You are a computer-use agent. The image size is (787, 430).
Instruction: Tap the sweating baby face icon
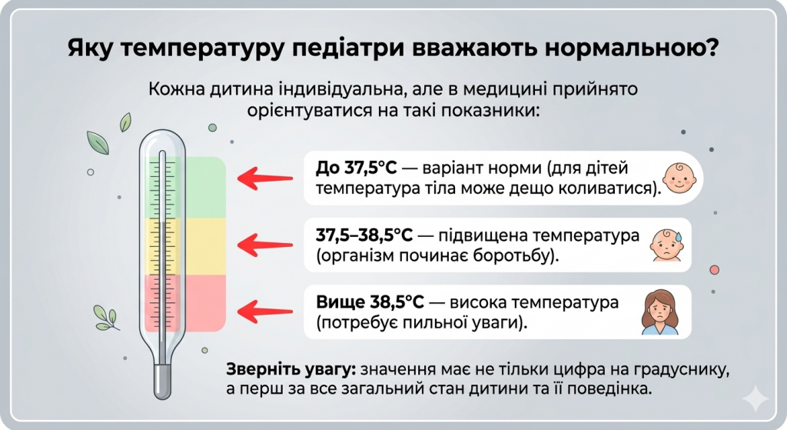point(666,245)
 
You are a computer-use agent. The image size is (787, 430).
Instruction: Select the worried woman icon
point(660,312)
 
